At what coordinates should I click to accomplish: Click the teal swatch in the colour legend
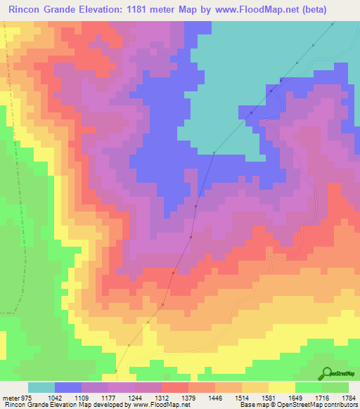click(x=41, y=388)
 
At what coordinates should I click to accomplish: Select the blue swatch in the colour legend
click(x=68, y=388)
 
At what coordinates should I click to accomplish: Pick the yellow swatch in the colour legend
click(x=281, y=388)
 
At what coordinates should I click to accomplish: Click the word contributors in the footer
click(x=340, y=405)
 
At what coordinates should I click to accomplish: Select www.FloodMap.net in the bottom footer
click(x=161, y=405)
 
